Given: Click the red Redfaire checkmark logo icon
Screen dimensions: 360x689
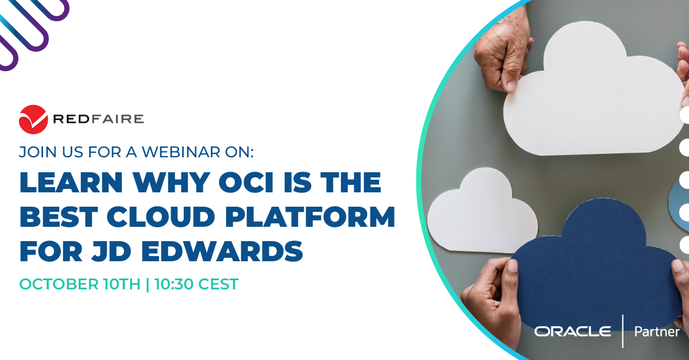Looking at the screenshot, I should click(x=33, y=119).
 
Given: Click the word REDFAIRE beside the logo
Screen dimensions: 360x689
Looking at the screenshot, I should click(x=98, y=119).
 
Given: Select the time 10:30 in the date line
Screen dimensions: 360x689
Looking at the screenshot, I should click(x=174, y=284).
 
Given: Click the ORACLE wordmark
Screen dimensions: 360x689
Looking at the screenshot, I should click(x=572, y=331).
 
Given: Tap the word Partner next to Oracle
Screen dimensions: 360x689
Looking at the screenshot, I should click(x=656, y=331).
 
